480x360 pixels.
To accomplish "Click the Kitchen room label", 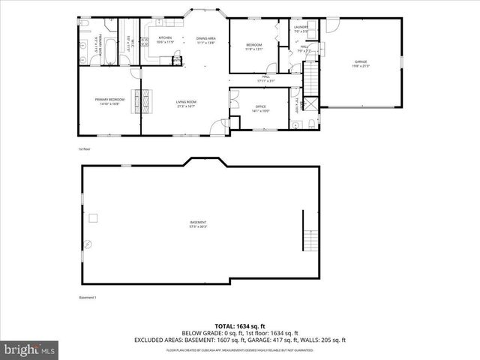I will tap(165, 40).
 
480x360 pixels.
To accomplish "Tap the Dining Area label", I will tap(205, 40).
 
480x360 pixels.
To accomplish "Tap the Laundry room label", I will tap(301, 29).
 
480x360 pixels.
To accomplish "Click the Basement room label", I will tap(198, 223).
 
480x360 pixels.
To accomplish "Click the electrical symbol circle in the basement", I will tap(87, 244).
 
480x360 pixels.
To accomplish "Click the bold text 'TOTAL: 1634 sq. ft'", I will tap(239, 326).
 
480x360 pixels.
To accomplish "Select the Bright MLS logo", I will tap(30, 349).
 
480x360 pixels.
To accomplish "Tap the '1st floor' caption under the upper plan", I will tap(85, 148).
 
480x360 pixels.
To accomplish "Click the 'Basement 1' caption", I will tap(88, 298).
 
